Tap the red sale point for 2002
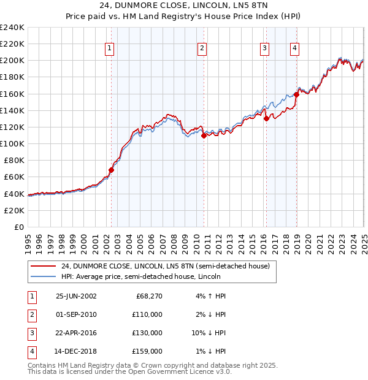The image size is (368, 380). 111,170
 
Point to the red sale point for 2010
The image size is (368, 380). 203,136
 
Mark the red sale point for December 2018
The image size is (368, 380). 296,94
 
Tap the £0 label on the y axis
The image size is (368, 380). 18,227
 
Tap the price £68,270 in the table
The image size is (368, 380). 147,296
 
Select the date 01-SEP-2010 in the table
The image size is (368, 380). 76,314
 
